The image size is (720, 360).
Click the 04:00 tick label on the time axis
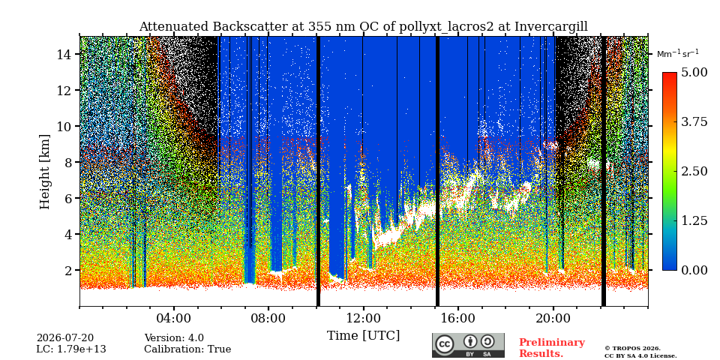click(174, 318)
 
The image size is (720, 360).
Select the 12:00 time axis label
click(364, 318)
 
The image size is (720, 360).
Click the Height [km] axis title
click(44, 172)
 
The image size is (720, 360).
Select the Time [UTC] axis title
click(363, 336)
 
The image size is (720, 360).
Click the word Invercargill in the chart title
click(551, 27)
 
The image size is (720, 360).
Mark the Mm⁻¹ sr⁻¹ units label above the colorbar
click(678, 53)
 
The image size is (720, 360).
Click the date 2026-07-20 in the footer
click(65, 338)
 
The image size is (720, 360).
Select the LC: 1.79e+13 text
click(71, 349)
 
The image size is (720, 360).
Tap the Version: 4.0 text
click(174, 338)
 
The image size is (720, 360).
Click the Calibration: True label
click(187, 349)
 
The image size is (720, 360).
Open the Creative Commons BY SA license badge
click(468, 345)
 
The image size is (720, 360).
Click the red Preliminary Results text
click(552, 348)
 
